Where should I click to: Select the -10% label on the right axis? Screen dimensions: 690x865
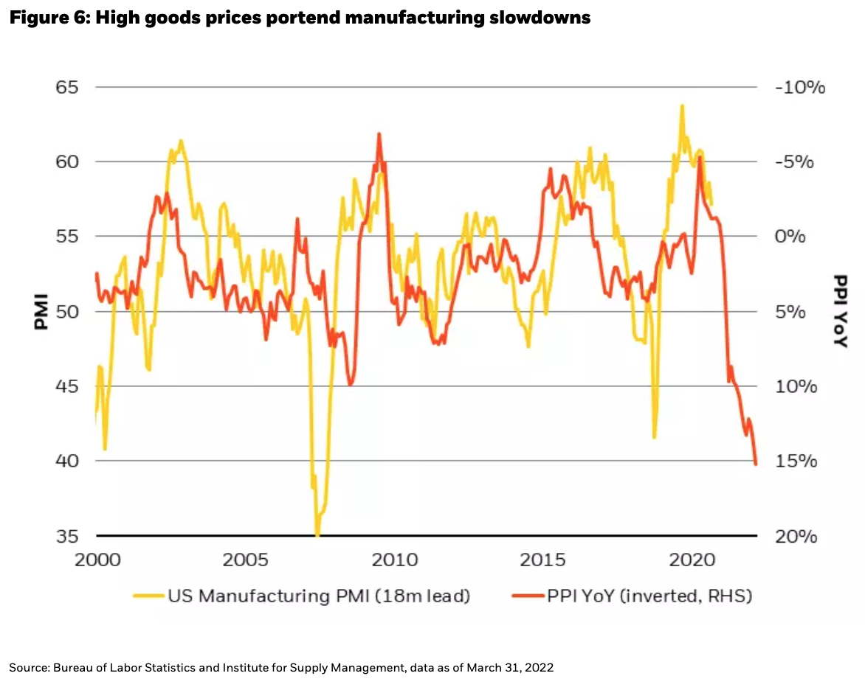tap(799, 87)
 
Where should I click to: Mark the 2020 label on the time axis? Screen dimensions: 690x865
tap(693, 560)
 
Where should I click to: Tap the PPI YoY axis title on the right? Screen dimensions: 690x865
tap(840, 310)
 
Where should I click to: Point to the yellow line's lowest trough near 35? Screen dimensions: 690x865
tap(317, 534)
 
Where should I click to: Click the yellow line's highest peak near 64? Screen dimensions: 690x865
tap(681, 105)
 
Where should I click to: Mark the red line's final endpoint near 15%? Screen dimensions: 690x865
tap(756, 464)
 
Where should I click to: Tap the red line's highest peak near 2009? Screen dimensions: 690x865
tap(379, 134)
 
